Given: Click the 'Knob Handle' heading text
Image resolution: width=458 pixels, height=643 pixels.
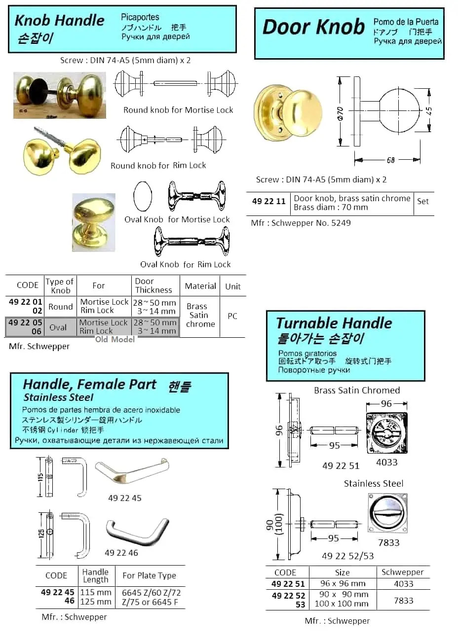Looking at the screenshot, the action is coord(60,20).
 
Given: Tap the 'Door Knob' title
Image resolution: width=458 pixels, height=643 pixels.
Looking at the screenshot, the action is coord(313,27).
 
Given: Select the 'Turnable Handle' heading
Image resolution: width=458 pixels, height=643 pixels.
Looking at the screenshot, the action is coord(334,323).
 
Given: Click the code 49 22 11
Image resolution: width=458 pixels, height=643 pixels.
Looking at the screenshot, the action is coord(268,201).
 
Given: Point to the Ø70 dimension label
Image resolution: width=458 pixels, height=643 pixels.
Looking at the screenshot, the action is coord(340,113).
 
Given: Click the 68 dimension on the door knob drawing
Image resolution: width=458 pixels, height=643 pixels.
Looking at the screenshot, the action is coord(391,160).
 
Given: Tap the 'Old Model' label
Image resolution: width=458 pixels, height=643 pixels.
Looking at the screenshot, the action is coord(115,340).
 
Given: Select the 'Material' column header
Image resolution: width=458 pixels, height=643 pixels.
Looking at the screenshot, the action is coord(200,286).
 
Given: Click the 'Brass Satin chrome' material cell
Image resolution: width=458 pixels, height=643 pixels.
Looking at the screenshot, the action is coord(200,315).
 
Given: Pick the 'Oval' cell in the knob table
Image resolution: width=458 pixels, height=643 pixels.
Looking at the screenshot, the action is coord(58,327).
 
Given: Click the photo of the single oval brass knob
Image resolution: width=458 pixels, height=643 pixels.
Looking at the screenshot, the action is coord(94,222).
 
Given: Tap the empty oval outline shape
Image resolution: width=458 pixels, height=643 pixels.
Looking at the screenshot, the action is coord(143,196).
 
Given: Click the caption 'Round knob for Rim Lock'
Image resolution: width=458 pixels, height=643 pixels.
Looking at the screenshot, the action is coord(158,166).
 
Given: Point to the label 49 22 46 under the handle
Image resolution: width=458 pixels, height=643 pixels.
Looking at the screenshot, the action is coord(121,553).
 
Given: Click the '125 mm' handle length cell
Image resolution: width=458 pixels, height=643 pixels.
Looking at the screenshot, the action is coord(96,602).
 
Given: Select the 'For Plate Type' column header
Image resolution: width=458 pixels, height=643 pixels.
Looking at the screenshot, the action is coord(150,575).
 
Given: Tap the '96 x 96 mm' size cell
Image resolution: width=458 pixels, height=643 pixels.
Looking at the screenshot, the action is coord(343,583).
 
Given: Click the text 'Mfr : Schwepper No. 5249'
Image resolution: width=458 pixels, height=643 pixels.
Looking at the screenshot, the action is coord(301,223).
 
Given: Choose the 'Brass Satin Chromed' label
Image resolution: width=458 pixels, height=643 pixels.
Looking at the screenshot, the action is coord(357,391).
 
